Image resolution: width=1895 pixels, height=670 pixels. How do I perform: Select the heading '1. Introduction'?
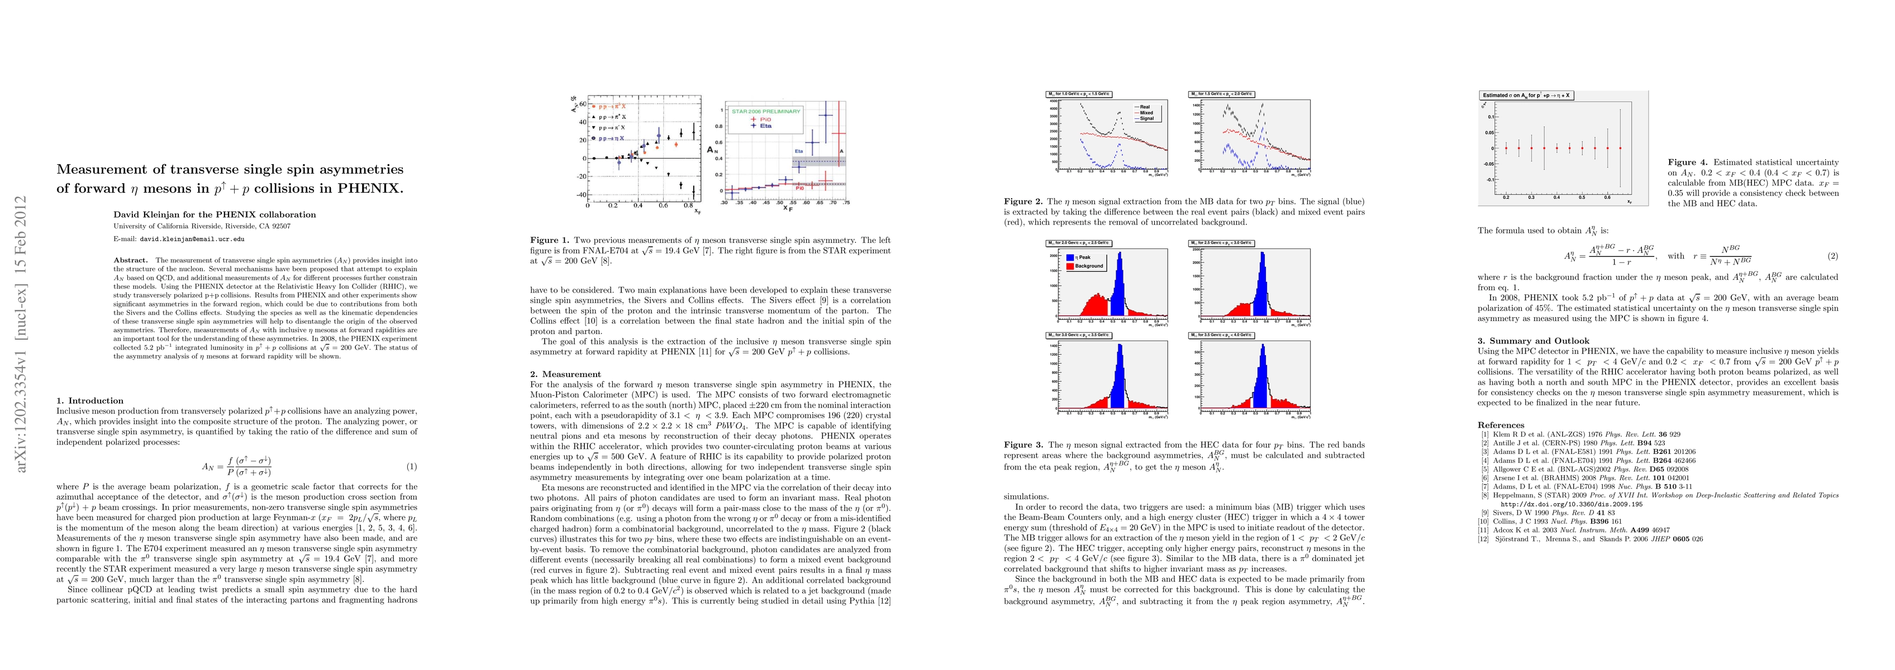point(90,401)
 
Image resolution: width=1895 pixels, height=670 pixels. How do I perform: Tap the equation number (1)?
point(412,466)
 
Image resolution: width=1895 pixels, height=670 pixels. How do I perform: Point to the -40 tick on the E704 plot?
point(581,195)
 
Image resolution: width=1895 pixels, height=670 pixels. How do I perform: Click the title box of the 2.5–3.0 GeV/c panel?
point(1221,243)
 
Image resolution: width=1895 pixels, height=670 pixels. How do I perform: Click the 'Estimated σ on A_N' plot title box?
point(1526,95)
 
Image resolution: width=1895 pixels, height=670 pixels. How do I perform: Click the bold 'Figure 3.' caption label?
point(1023,445)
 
